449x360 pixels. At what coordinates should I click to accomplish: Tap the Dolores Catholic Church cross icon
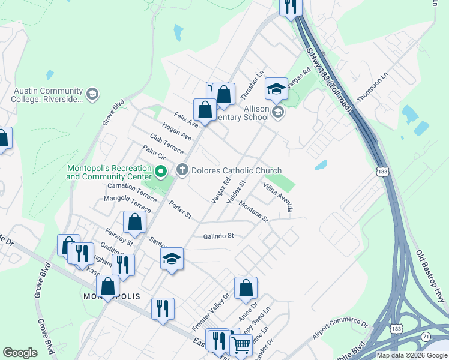pos(182,170)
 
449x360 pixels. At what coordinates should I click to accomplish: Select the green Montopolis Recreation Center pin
pos(161,173)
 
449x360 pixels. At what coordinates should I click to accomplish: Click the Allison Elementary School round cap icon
pos(277,112)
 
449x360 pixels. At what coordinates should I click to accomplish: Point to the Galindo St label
pos(217,236)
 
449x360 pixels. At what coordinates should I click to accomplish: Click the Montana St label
pos(253,212)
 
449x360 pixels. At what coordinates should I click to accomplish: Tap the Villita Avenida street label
pos(278,198)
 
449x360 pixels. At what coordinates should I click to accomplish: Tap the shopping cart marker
pos(241,345)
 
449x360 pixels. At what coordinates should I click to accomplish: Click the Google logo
pos(20,353)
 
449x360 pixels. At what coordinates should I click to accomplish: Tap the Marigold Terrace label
pos(127,203)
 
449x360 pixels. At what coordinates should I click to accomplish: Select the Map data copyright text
pos(411,355)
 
